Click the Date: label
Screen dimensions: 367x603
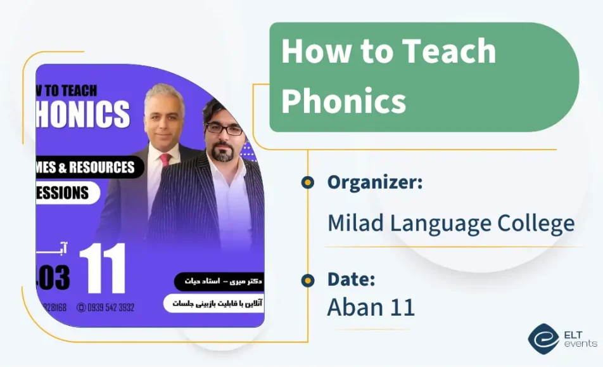[x=351, y=279]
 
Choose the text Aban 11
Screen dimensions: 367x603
[x=371, y=307]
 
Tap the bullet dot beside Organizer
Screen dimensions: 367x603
[x=308, y=183]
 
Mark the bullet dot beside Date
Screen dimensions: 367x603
[x=308, y=280]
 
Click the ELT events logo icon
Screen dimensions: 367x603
[x=543, y=338]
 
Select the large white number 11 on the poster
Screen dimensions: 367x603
[x=102, y=268]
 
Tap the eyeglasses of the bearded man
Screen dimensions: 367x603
[x=223, y=129]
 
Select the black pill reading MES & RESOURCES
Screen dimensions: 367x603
[x=89, y=167]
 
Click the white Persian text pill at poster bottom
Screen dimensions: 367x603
[x=213, y=303]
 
